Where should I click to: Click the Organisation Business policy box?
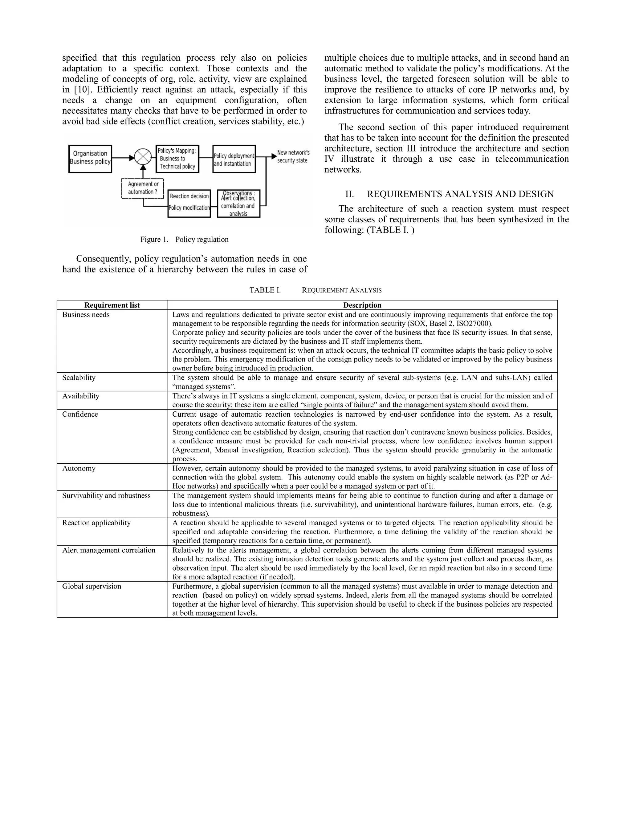coord(90,158)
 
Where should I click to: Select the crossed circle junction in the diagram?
coord(143,156)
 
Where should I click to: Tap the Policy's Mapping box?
coord(177,158)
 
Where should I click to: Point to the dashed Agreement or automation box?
coord(143,188)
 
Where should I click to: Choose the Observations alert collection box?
coord(238,203)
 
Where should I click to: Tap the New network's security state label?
coord(293,156)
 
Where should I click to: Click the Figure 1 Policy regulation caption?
coord(184,240)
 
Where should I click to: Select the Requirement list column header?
coord(112,305)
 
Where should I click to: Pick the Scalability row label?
coord(79,378)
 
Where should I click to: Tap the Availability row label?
coord(81,396)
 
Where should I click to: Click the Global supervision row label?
coord(92,586)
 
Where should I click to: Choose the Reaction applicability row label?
coord(96,523)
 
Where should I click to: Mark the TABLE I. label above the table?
coord(265,290)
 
